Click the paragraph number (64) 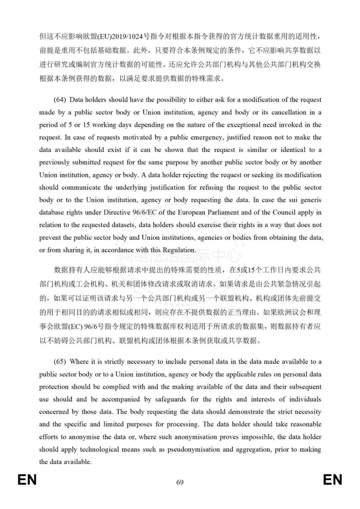tap(60, 100)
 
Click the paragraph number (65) tap(60, 362)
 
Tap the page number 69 tap(180, 482)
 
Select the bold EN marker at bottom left tap(27, 480)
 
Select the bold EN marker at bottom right tap(332, 480)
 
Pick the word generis tap(310, 200)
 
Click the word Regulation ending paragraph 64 tap(179, 250)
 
